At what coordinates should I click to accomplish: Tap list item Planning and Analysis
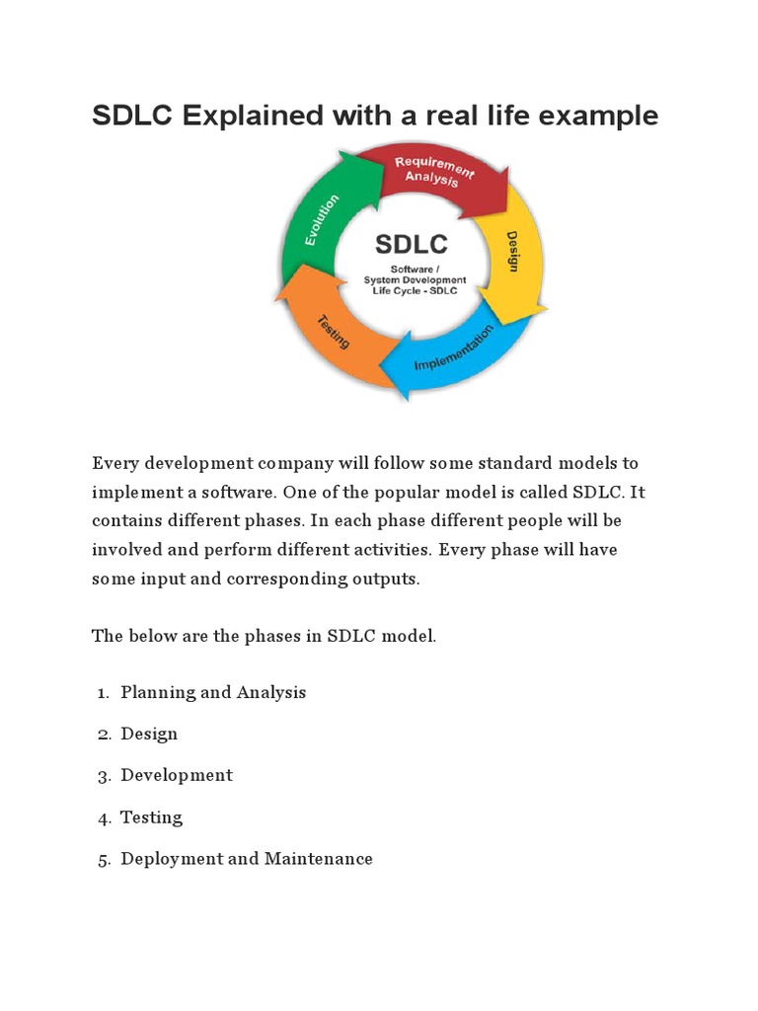[x=213, y=692]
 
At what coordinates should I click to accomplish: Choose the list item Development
[x=177, y=775]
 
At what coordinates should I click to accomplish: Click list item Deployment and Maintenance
[x=247, y=859]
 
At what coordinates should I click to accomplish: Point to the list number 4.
[x=103, y=818]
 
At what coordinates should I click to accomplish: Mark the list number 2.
[x=103, y=735]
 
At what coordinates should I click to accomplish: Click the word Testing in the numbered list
[x=151, y=817]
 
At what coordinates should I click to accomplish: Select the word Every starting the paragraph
[x=114, y=463]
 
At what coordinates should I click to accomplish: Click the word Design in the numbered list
[x=149, y=734]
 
